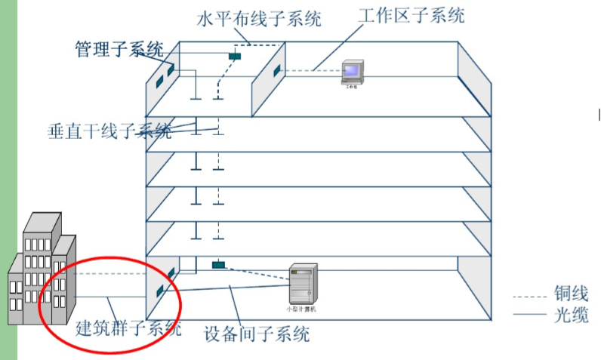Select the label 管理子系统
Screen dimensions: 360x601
click(x=119, y=50)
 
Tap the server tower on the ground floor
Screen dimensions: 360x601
click(x=304, y=285)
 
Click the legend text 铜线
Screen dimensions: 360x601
click(x=570, y=294)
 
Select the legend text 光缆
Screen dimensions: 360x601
click(x=570, y=315)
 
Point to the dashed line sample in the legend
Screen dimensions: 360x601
click(x=529, y=294)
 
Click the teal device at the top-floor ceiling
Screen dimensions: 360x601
click(x=236, y=55)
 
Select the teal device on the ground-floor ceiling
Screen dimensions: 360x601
click(x=218, y=265)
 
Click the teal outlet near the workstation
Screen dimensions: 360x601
click(x=277, y=71)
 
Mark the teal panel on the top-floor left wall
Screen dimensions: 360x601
click(x=171, y=70)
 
